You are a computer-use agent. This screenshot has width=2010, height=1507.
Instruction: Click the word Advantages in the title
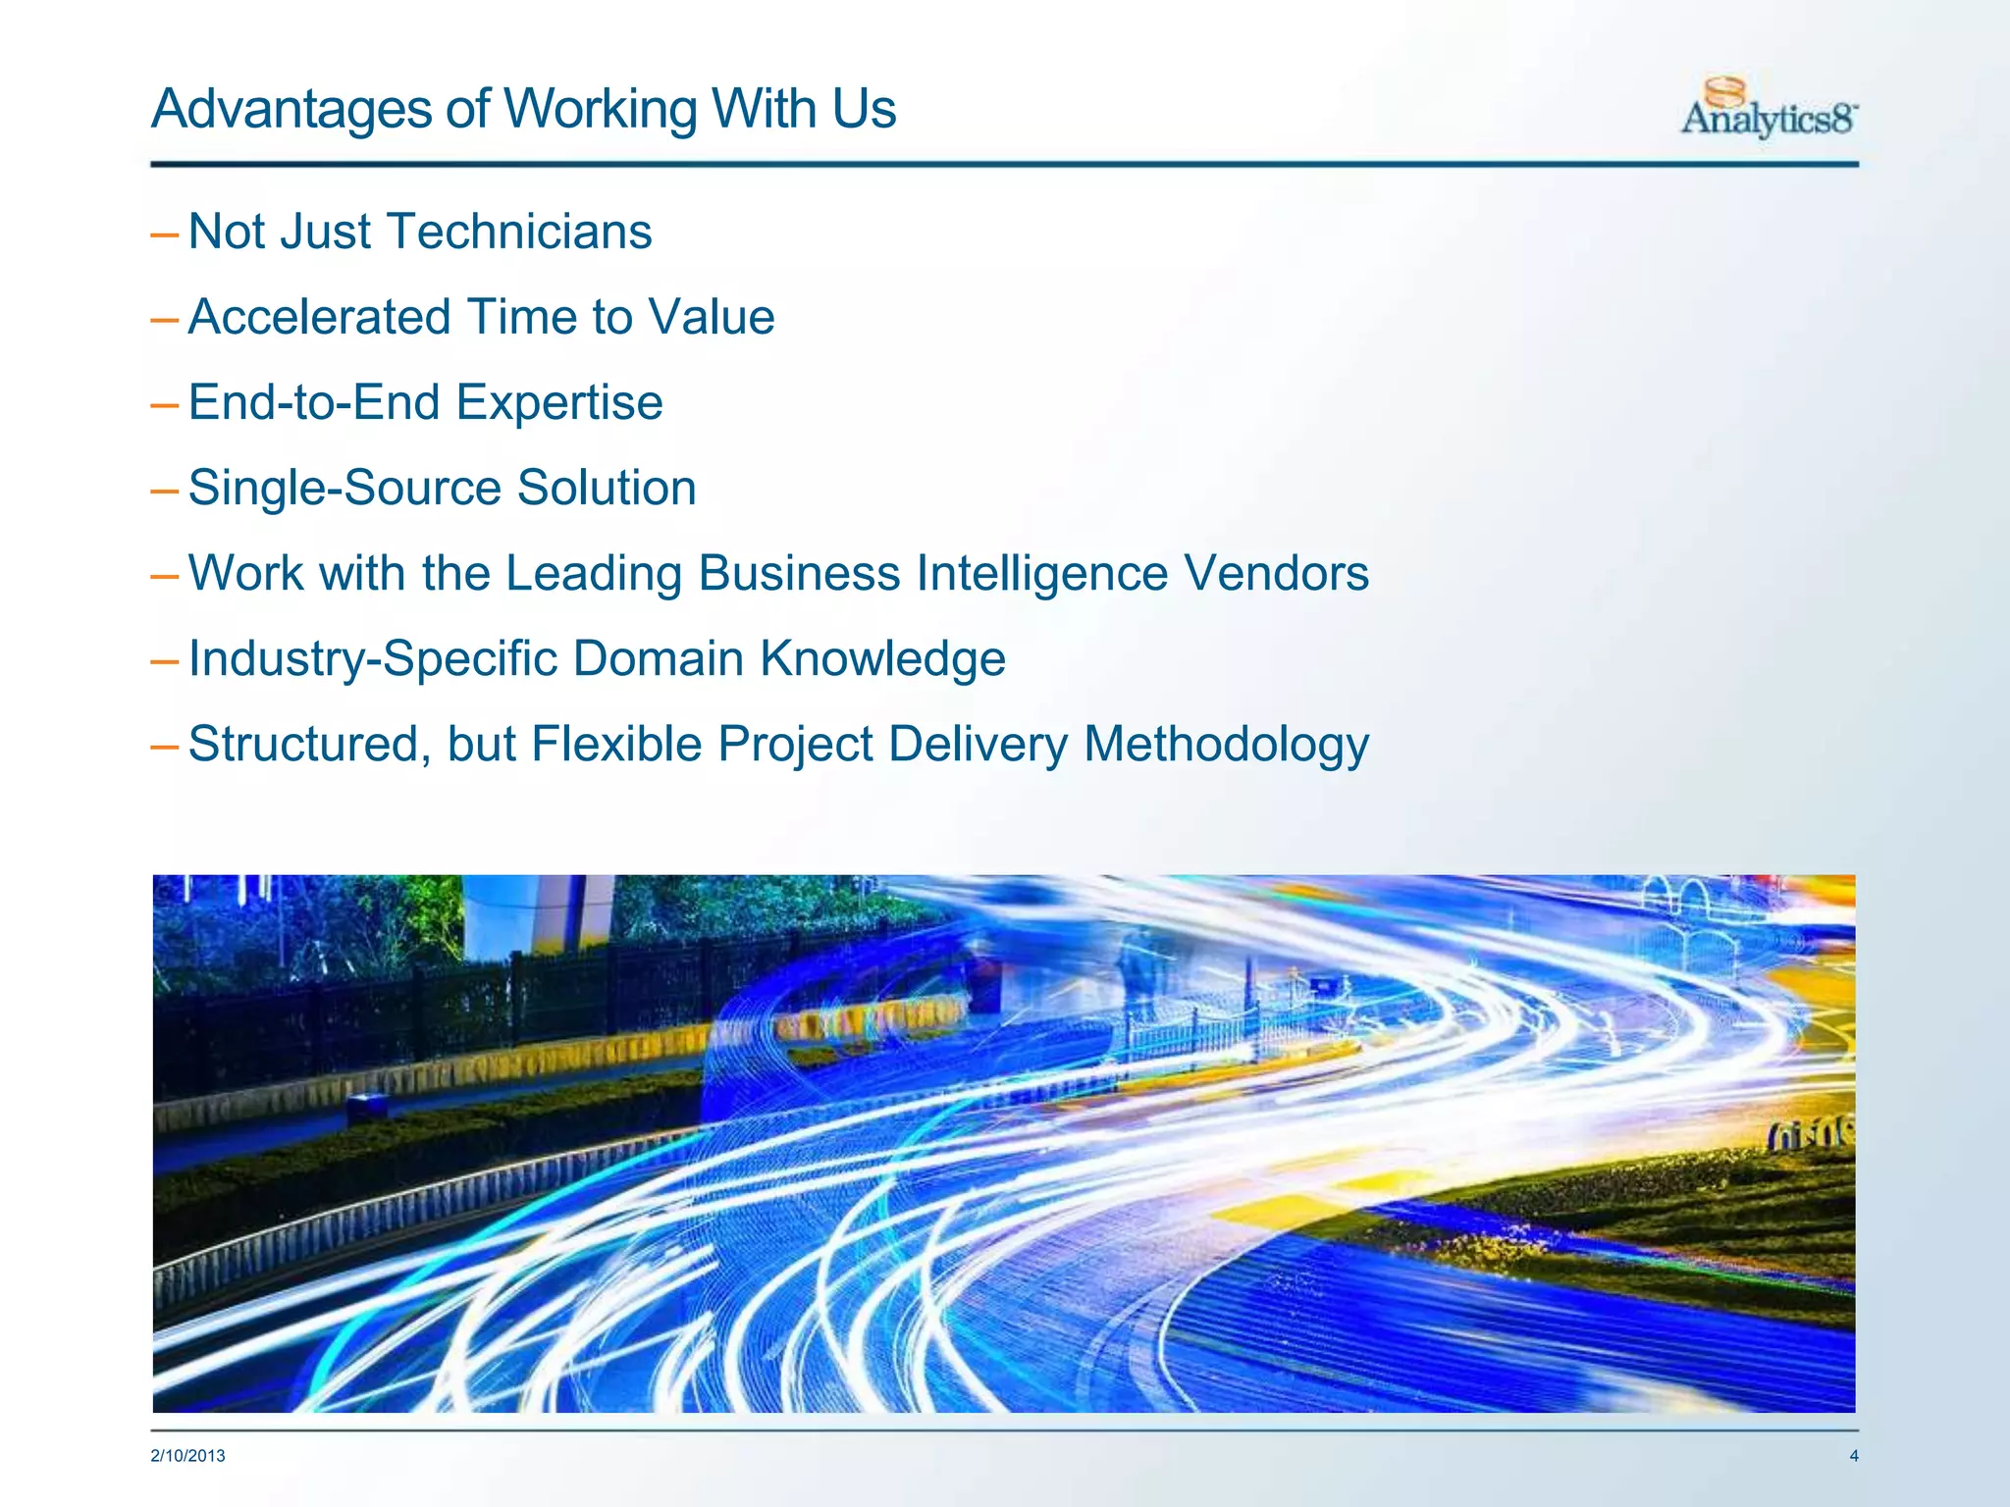point(291,109)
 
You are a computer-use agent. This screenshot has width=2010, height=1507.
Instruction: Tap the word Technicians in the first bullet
point(520,233)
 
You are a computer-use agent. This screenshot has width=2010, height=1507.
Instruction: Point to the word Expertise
point(559,403)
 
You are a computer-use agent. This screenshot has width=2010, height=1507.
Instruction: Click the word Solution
point(607,489)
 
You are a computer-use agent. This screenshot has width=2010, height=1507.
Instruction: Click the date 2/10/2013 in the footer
point(187,1456)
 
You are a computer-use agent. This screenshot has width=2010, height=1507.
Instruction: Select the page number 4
point(1853,1456)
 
